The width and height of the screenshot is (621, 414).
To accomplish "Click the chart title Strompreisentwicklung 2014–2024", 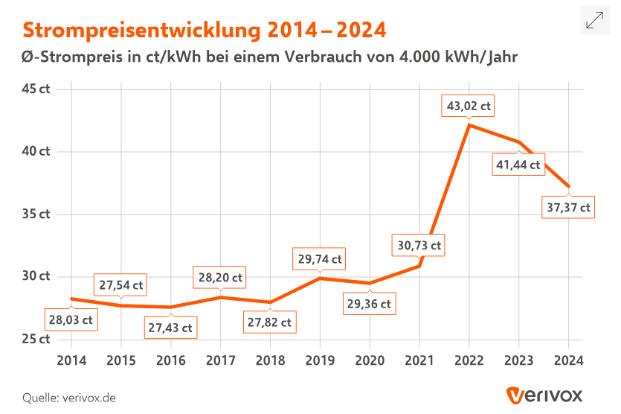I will (x=204, y=30).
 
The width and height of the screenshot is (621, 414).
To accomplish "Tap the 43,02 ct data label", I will (x=469, y=106).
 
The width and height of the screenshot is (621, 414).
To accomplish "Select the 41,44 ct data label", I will (x=517, y=165).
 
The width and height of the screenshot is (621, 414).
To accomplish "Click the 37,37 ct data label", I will (x=568, y=208).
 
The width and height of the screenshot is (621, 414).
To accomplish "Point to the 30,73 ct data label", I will (x=418, y=245).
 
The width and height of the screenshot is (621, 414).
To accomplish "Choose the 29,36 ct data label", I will (x=367, y=304).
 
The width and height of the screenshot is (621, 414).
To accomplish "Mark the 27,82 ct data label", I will (x=268, y=322).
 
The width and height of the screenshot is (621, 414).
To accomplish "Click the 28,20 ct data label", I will (x=219, y=278).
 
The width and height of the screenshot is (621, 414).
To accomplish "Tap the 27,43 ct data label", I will (x=170, y=328).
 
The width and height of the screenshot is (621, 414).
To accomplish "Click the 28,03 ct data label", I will (x=71, y=319).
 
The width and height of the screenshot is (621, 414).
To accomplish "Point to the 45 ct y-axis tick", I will (x=36, y=89).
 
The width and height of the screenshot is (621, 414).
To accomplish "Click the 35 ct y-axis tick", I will (x=36, y=214).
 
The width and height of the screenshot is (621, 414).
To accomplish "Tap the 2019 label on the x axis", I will (x=320, y=360).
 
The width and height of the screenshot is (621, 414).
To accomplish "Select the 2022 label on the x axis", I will (x=469, y=360).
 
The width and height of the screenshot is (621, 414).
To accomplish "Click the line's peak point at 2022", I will (x=469, y=125).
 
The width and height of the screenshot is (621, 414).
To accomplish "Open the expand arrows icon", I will (x=595, y=20).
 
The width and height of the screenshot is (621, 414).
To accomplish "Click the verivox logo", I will (x=544, y=395).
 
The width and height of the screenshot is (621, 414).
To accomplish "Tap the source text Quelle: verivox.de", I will (x=69, y=397).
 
